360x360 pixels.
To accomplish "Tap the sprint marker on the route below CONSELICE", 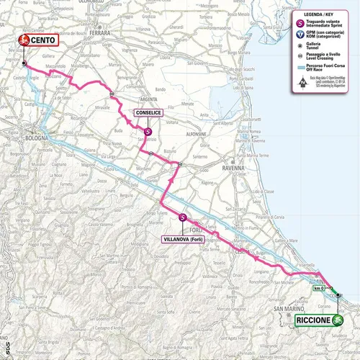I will click(147, 132).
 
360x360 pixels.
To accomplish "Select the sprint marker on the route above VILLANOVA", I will click(183, 217).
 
